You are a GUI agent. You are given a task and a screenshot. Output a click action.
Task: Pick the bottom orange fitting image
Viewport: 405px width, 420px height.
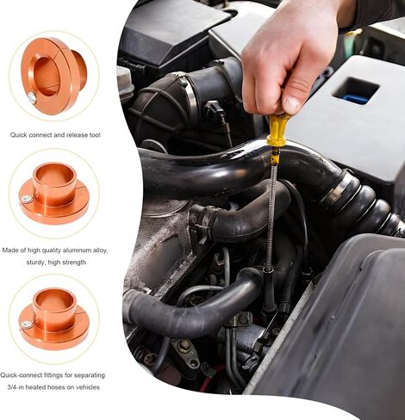[54, 315]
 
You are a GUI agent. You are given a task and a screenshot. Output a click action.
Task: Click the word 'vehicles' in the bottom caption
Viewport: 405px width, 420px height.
[85, 387]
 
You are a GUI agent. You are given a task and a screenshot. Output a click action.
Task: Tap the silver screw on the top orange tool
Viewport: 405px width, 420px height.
[32, 97]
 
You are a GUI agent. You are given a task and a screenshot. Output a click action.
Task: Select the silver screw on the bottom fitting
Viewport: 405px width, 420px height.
[28, 324]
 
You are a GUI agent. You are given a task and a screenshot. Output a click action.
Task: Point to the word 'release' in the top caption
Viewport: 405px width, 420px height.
[78, 135]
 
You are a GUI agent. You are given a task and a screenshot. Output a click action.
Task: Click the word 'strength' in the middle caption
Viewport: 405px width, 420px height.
[80, 262]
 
